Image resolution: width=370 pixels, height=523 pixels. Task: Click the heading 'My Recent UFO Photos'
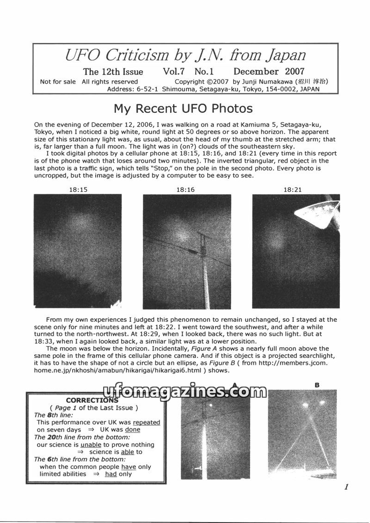tap(183, 109)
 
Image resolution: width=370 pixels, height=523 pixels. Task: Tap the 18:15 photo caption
tap(78, 189)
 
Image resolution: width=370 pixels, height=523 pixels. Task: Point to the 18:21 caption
tap(293, 189)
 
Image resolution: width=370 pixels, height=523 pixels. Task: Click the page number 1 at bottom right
tap(346, 486)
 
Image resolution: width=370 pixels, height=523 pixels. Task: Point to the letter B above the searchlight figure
tap(317, 385)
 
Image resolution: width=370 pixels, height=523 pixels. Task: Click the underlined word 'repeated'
tap(146, 422)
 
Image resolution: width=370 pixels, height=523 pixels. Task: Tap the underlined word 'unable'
tap(91, 444)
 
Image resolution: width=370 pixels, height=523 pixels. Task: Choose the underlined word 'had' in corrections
tap(111, 474)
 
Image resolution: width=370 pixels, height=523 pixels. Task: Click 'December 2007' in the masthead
tap(269, 71)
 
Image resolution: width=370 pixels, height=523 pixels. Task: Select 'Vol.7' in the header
tap(174, 71)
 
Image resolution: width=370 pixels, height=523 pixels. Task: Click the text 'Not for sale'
tap(58, 82)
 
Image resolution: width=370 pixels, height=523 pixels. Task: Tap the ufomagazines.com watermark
tap(185, 392)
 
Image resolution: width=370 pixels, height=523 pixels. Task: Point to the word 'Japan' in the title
tap(286, 55)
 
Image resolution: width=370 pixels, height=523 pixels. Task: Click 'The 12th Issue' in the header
tap(113, 72)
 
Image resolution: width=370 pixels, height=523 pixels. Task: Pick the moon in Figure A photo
tap(211, 406)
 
